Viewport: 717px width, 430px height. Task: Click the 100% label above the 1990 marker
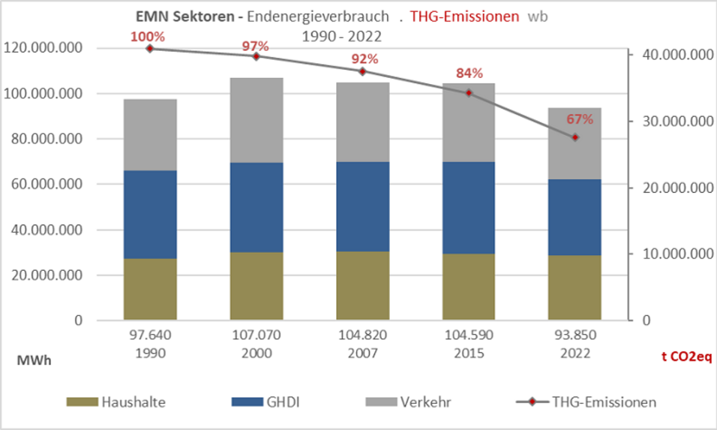click(149, 36)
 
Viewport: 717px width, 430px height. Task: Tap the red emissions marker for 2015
click(469, 93)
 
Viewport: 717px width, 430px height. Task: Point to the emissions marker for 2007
click(362, 71)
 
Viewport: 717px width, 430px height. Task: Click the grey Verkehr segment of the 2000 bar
click(256, 120)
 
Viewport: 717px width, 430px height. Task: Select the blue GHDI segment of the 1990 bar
click(149, 215)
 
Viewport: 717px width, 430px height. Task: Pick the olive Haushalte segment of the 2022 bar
click(575, 287)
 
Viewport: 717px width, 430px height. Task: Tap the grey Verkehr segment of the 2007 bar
click(362, 122)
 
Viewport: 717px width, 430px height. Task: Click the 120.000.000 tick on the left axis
click(43, 48)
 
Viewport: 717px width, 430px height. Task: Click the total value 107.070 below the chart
click(256, 335)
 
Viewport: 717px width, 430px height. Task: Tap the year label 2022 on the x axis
click(575, 350)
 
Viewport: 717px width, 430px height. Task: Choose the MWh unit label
click(34, 360)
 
